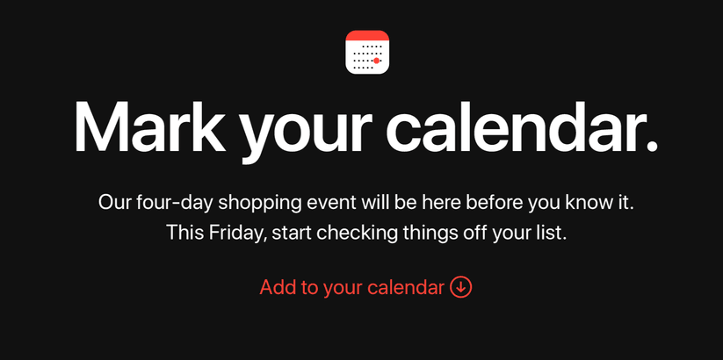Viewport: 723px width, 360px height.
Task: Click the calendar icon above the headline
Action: [367, 52]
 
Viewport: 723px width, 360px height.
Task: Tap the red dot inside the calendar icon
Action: [376, 61]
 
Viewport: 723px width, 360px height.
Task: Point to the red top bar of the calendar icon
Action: [367, 35]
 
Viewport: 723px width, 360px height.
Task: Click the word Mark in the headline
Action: [150, 126]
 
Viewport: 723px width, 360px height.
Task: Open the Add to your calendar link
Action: [365, 287]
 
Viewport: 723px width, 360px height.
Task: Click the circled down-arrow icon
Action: [461, 287]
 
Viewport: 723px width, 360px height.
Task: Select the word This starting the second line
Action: [184, 233]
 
